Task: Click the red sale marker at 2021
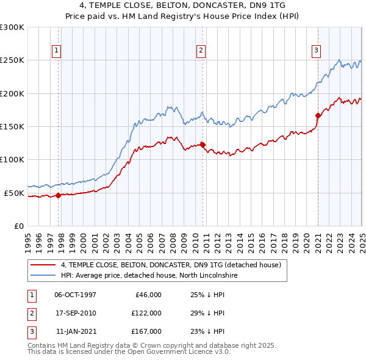[x=318, y=115]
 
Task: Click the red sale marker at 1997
[x=59, y=195]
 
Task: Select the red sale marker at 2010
[x=203, y=145]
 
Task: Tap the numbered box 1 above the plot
[x=56, y=51]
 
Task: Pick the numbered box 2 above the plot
[x=201, y=51]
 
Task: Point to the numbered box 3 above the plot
[x=317, y=51]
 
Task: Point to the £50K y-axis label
[x=14, y=193]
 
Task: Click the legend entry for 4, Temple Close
[x=170, y=265]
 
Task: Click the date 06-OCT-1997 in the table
[x=75, y=295]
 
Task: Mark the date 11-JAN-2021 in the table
[x=76, y=331]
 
